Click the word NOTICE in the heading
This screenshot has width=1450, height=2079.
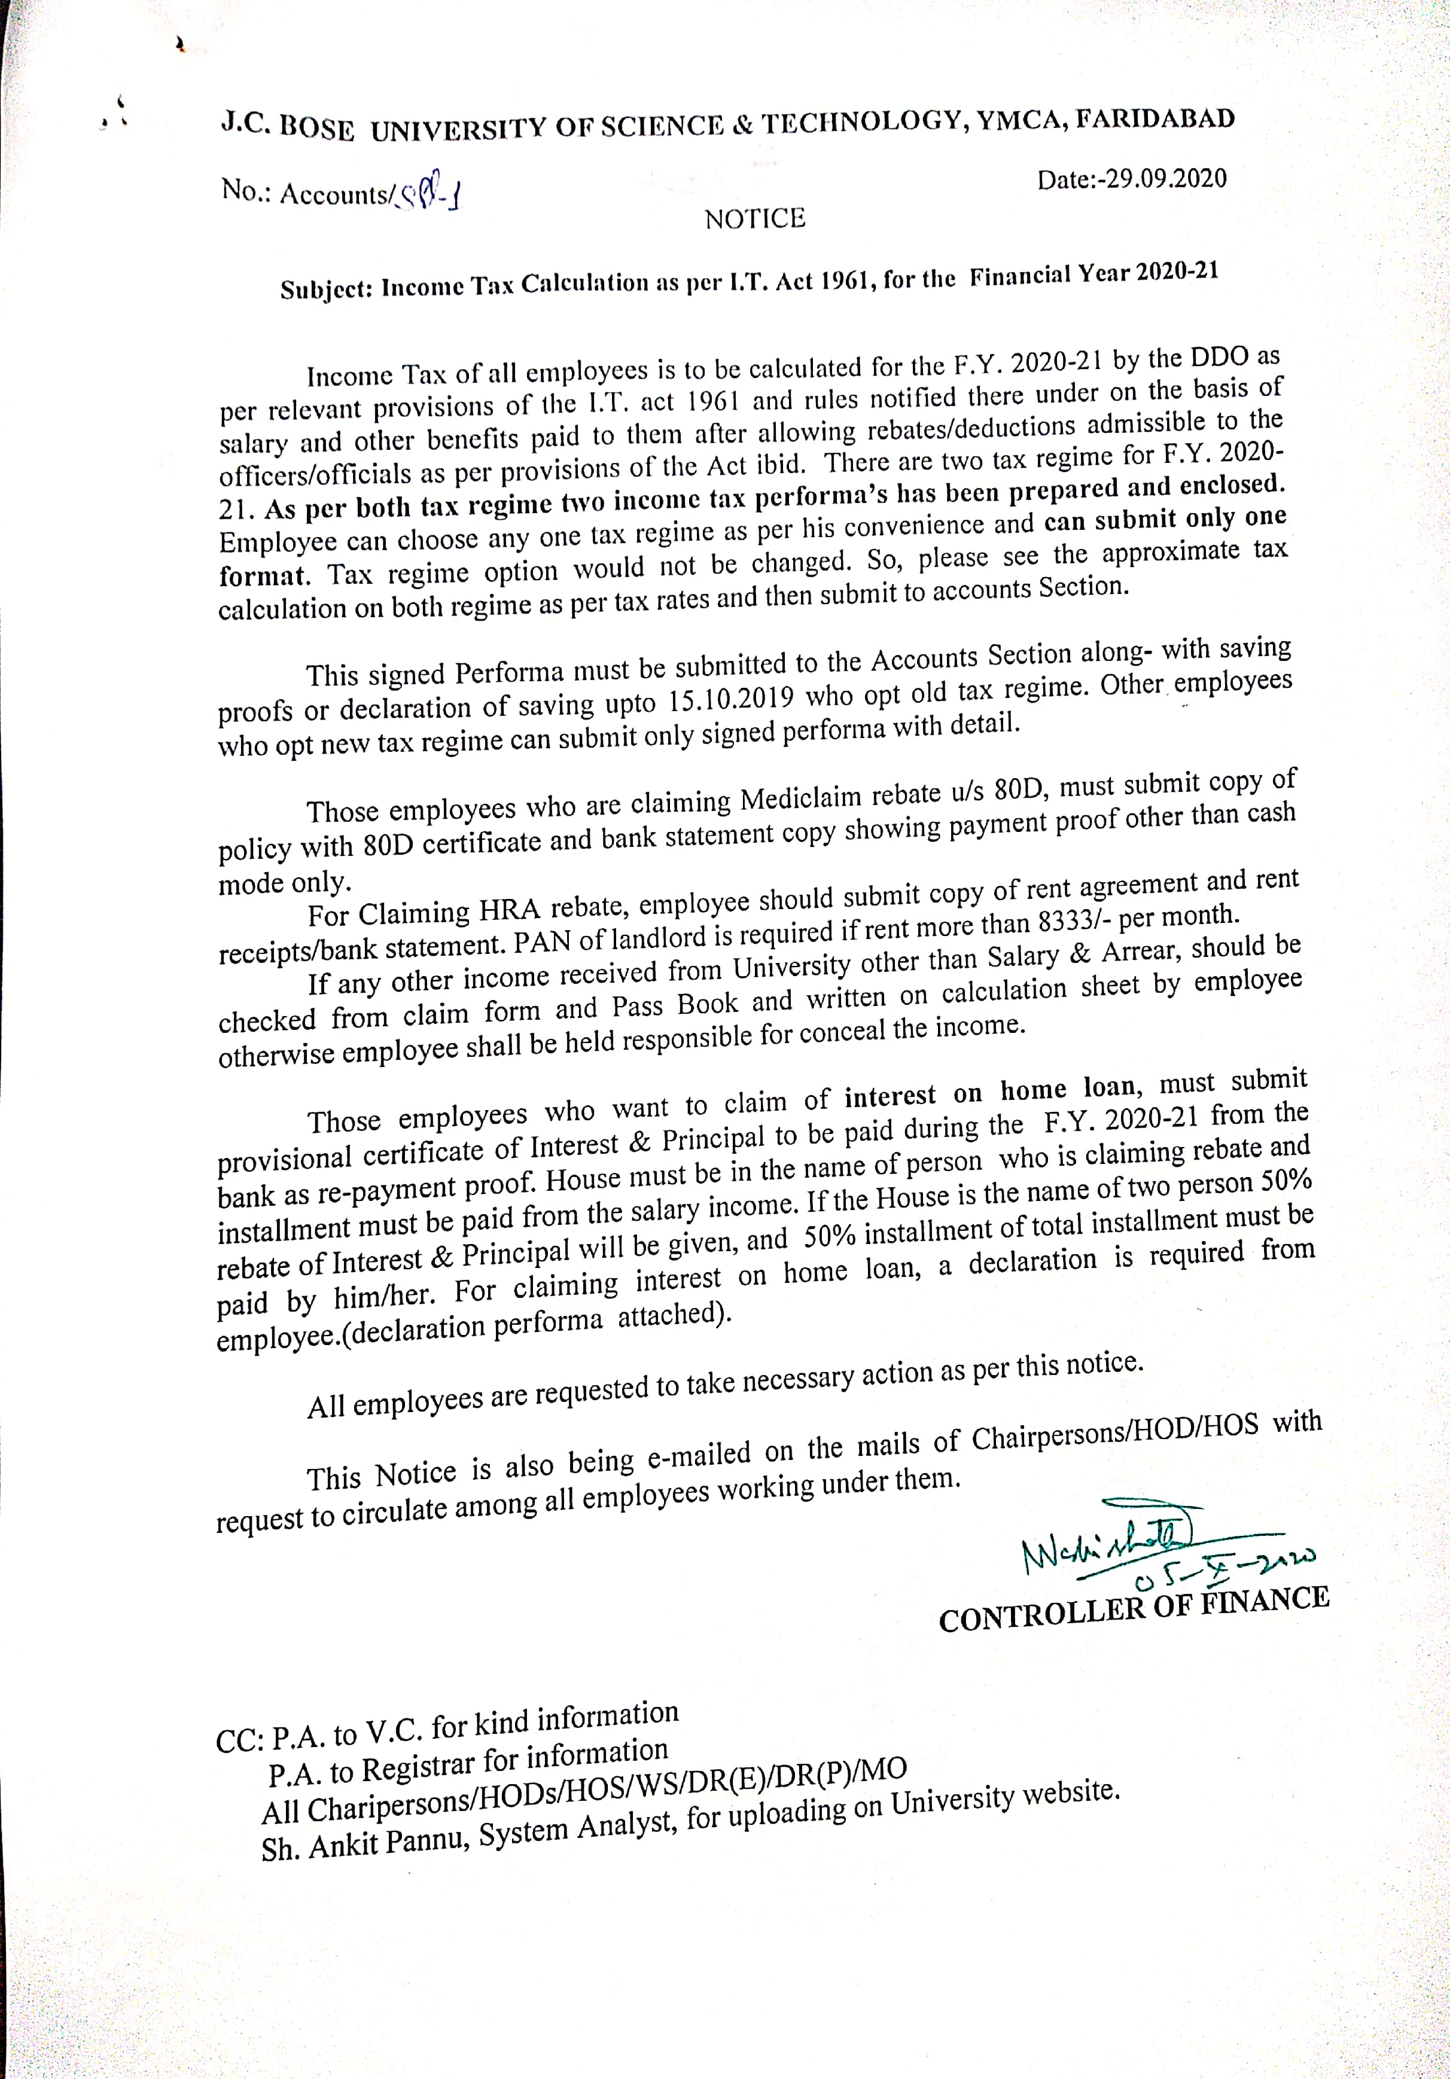coord(754,219)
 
